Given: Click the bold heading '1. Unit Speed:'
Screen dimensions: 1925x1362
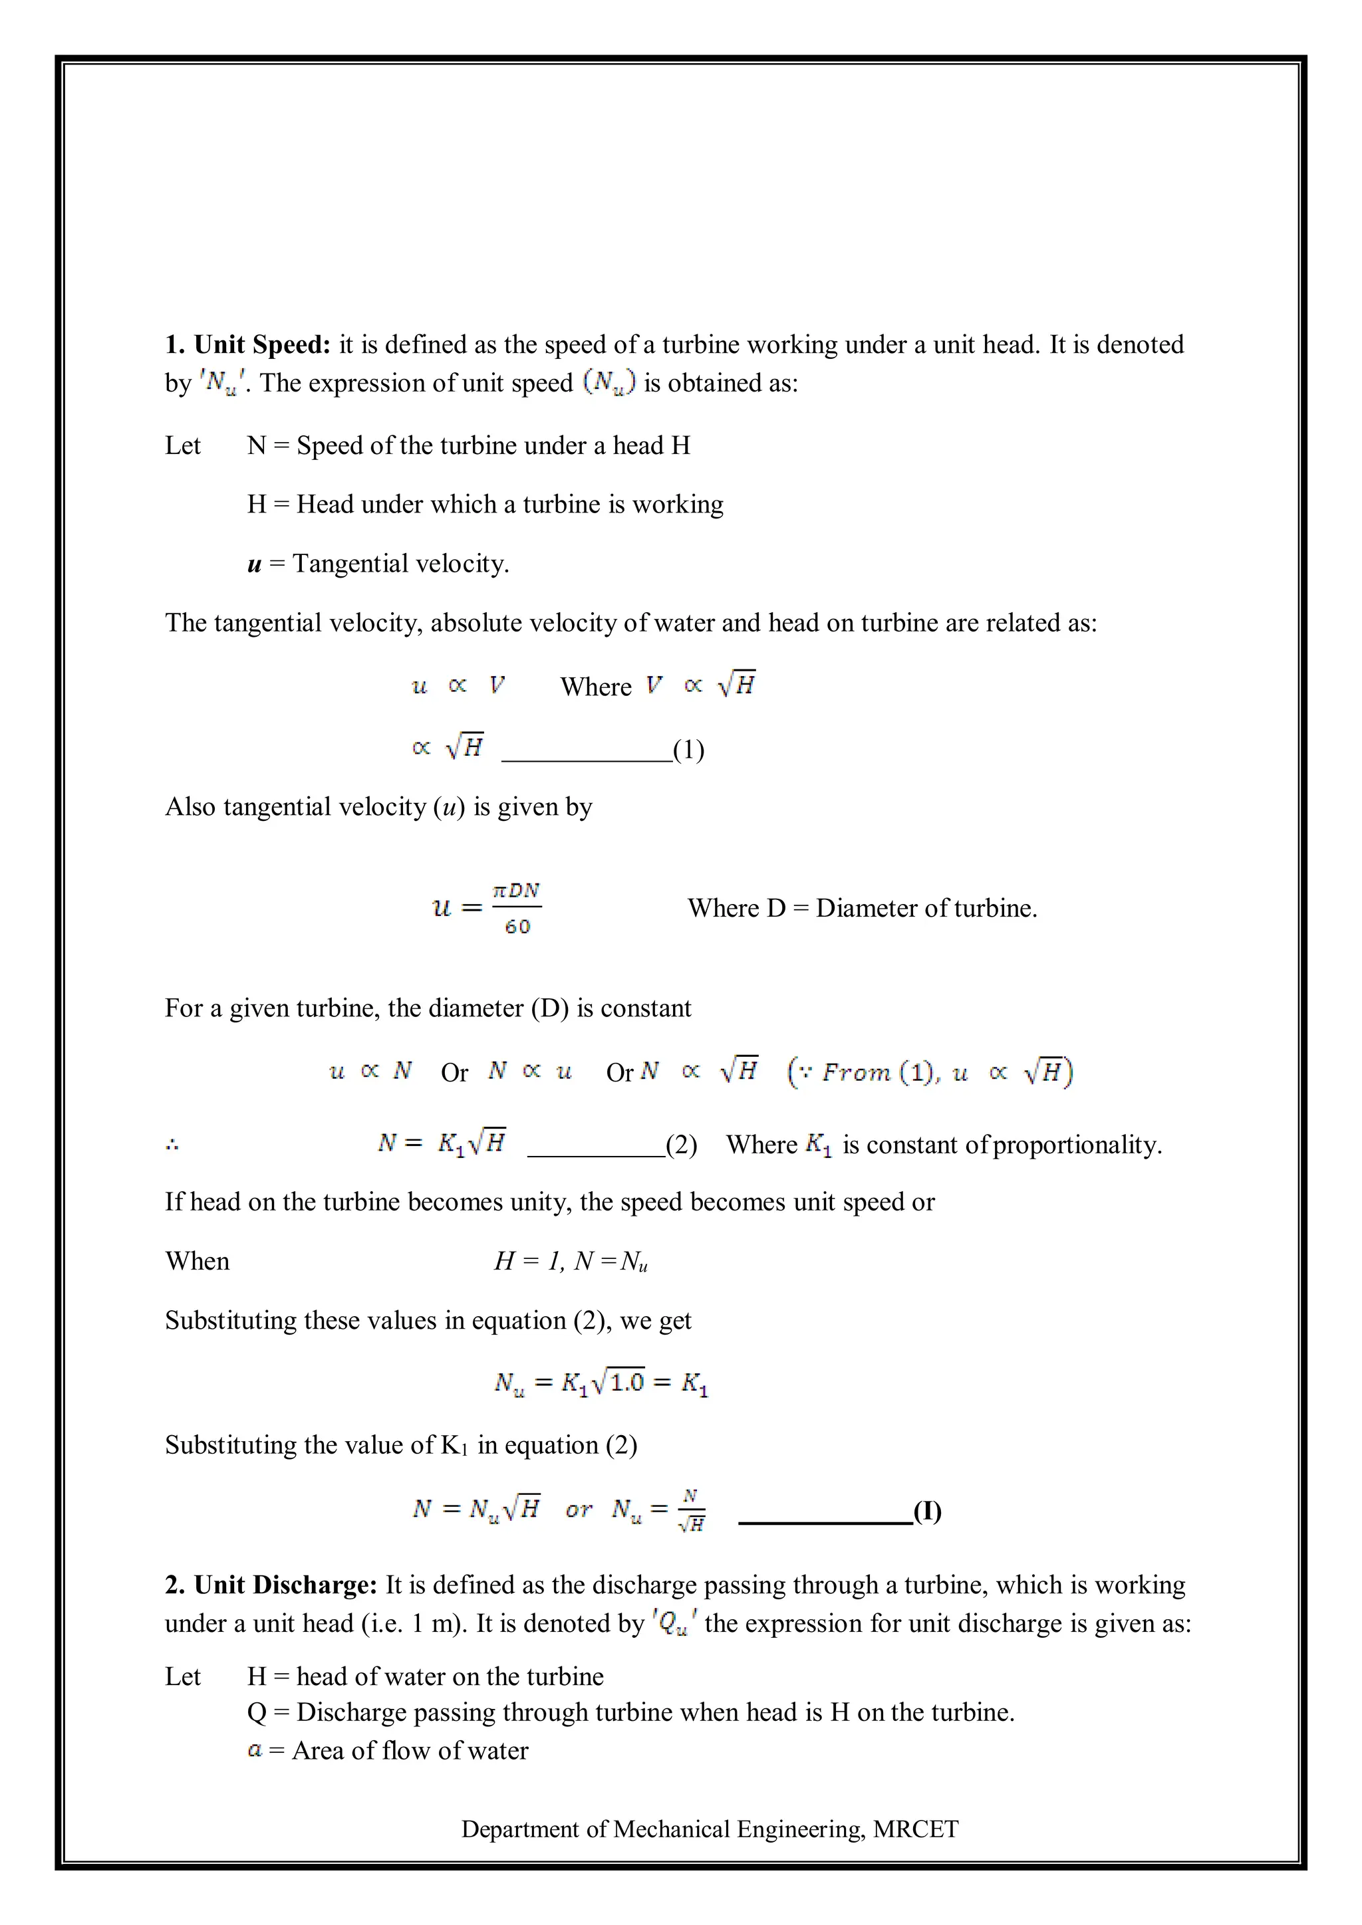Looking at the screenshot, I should tap(248, 344).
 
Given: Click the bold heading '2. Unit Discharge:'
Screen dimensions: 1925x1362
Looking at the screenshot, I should tap(272, 1585).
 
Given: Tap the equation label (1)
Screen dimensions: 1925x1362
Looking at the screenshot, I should tap(688, 750).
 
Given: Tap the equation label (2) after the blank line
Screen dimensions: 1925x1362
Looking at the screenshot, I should tap(681, 1145).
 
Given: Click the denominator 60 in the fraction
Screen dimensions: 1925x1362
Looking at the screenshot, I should tap(517, 927).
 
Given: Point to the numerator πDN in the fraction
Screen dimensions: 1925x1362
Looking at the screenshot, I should tap(517, 891).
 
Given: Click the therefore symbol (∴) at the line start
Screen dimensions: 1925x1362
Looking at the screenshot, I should tap(172, 1145).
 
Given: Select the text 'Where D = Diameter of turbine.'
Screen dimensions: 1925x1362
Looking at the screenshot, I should tap(862, 908).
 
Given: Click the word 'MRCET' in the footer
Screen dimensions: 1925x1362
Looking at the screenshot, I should tap(915, 1829).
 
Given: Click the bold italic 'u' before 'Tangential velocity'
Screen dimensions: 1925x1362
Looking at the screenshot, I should tap(254, 564).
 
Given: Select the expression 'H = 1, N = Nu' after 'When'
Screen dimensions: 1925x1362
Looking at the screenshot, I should tap(571, 1262).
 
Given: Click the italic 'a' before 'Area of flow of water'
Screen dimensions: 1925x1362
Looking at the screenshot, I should tap(255, 1751).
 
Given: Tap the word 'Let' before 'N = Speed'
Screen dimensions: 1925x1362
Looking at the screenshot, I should tap(183, 445).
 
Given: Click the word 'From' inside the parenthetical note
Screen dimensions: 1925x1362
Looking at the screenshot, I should tap(855, 1072).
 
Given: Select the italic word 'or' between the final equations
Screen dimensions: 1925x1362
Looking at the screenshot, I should tap(579, 1510).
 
